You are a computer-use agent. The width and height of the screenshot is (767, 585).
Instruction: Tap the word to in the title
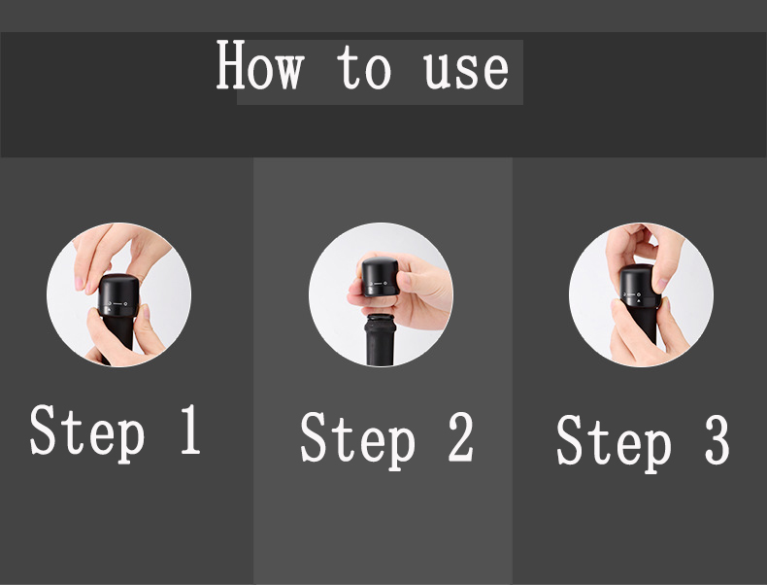364,67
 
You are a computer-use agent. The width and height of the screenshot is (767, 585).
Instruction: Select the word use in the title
466,71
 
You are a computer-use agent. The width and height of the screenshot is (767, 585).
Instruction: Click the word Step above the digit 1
87,433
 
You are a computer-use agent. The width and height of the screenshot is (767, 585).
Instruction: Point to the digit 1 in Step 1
190,430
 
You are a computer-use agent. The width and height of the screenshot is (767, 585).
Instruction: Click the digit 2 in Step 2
461,436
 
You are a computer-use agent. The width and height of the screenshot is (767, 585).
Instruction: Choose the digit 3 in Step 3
717,439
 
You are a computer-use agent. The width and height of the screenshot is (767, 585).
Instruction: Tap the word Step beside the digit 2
358,440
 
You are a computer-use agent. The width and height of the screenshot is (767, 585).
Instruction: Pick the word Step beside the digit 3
615,443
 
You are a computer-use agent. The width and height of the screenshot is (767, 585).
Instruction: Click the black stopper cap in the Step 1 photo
118,295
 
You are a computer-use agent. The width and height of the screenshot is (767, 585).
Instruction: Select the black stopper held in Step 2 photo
381,277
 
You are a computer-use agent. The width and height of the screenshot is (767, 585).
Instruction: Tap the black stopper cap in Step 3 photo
638,286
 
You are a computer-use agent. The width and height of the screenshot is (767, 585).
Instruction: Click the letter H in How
230,64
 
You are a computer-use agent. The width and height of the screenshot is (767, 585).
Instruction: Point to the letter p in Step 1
131,439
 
